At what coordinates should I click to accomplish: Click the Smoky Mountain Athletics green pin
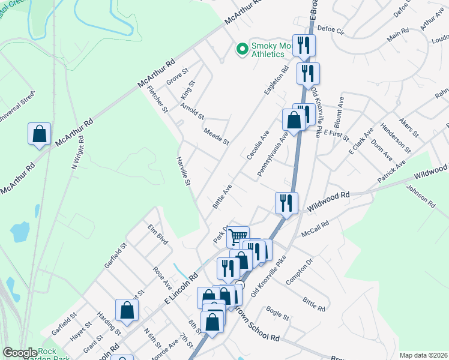click(x=243, y=49)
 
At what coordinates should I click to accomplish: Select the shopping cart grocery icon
click(x=238, y=236)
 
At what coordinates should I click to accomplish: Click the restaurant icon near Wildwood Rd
click(x=286, y=202)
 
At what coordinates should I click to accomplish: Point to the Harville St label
click(x=183, y=171)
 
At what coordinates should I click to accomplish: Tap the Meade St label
click(x=216, y=136)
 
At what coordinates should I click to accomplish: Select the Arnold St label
click(x=192, y=110)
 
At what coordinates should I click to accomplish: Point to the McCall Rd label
click(x=316, y=226)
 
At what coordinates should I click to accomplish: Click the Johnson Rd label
click(x=421, y=196)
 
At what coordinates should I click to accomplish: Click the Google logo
click(x=20, y=353)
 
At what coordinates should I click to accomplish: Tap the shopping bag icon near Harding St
click(x=127, y=310)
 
